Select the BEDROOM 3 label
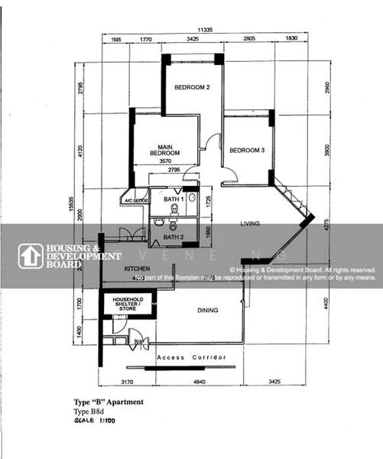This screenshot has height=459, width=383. click(246, 151)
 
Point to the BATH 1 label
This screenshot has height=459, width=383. click(173, 199)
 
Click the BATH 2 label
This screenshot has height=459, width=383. click(174, 237)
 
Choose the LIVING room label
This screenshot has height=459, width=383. click(251, 223)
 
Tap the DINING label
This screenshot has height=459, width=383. click(207, 311)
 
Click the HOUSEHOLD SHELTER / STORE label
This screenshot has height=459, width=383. click(128, 304)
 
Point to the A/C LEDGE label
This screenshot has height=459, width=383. click(134, 201)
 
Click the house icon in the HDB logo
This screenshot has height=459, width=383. click(31, 256)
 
